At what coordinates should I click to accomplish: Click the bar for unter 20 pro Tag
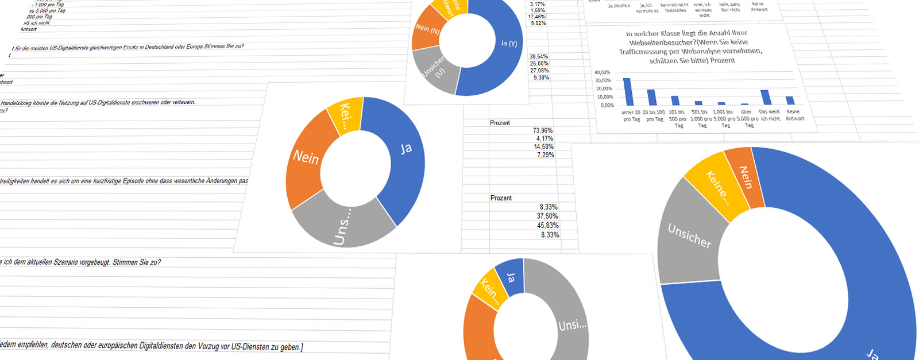627,92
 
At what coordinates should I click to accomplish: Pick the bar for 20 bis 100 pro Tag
651,98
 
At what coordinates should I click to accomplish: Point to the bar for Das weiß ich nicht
764,98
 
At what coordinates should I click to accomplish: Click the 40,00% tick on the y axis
603,73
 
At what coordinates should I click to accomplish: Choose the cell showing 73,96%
543,131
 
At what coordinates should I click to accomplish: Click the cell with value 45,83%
547,226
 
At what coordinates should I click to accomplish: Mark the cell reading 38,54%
539,57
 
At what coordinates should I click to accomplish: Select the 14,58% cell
544,147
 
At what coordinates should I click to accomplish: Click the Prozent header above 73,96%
500,123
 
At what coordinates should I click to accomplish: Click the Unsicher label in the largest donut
689,235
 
